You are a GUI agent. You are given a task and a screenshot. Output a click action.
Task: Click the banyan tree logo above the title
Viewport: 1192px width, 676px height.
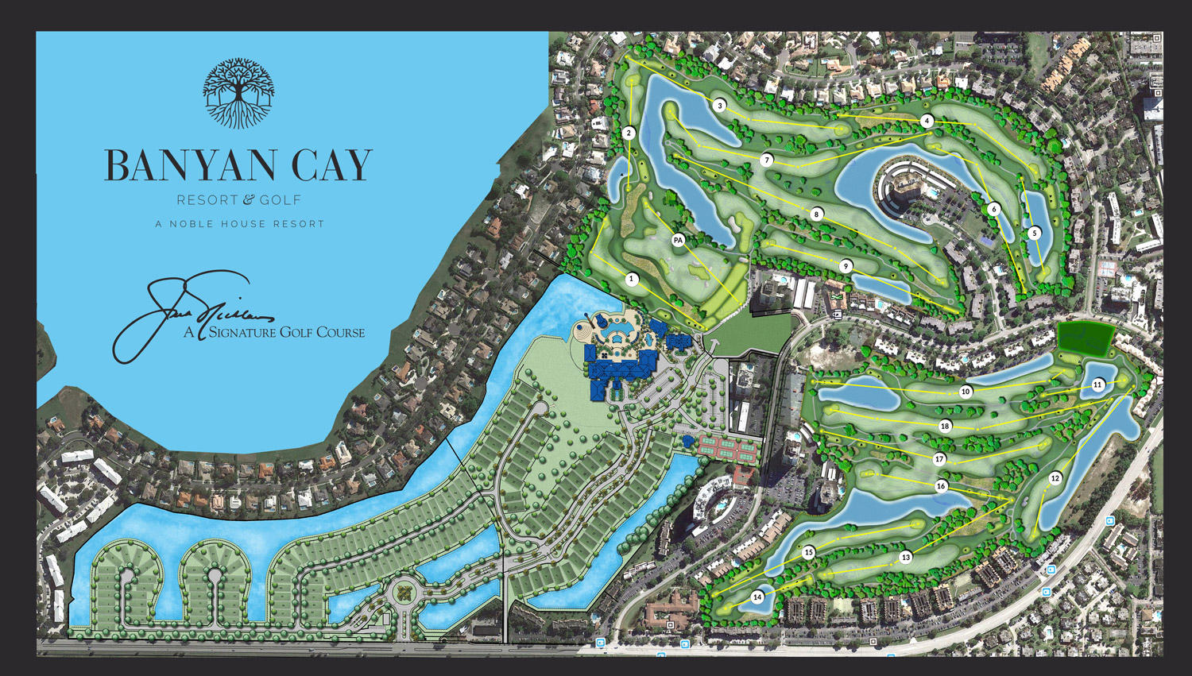coord(238,93)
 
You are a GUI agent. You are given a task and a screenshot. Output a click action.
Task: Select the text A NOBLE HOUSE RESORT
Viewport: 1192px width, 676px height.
coord(240,224)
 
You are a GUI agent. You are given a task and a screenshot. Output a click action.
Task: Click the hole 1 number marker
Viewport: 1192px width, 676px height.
coord(633,279)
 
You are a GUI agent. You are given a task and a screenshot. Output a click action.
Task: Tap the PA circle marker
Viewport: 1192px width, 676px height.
coord(678,240)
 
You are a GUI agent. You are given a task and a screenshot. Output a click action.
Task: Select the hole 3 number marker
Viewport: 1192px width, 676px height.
coord(720,106)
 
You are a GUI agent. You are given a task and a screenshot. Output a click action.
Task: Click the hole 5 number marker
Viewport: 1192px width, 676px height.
coord(1034,233)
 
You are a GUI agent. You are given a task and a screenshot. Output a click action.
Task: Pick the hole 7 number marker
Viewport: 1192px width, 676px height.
coord(767,160)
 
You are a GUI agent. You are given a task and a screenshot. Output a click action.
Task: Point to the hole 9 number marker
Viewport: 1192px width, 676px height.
coord(846,266)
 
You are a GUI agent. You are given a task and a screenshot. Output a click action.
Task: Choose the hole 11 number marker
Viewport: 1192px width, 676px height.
coord(1097,384)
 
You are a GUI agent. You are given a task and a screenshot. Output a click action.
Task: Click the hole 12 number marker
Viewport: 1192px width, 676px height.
coord(1055,478)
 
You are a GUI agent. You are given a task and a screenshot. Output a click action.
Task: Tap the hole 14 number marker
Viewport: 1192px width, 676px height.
coord(757,597)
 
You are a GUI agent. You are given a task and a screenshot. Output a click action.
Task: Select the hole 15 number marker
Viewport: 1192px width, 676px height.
coord(809,552)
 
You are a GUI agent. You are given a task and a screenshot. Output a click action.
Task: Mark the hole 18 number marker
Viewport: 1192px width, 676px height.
coord(945,427)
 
